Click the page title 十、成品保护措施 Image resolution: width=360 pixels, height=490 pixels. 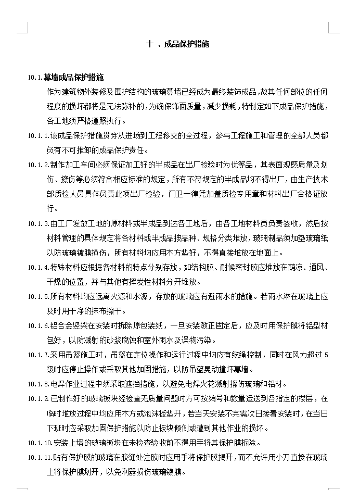[178, 44]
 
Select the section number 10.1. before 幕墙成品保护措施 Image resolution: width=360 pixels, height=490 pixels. [35, 78]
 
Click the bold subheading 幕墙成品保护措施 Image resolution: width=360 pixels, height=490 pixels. [73, 78]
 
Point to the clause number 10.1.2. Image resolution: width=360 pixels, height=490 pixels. [38, 165]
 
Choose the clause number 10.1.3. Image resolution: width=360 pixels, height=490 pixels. [38, 224]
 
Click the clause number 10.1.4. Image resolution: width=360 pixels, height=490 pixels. [38, 268]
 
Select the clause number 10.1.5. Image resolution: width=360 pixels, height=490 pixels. [38, 297]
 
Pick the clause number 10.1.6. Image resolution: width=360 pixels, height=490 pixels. [38, 326]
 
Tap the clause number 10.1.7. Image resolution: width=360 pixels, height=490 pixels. [38, 355]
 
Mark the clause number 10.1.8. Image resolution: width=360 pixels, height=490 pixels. [38, 385]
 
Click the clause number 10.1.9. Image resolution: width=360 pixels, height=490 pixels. [38, 399]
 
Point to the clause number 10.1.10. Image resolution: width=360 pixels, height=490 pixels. [40, 443]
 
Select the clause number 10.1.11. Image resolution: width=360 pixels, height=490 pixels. [40, 458]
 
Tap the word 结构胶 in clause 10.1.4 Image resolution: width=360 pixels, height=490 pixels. [203, 268]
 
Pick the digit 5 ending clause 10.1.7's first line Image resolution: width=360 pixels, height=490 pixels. [326, 355]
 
